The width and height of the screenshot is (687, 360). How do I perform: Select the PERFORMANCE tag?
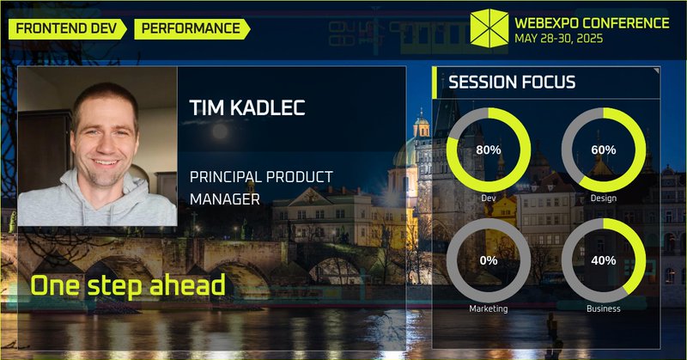point(191,28)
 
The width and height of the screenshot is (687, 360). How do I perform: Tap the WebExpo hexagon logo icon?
point(489,29)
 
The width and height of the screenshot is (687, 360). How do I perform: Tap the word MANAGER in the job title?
point(226,199)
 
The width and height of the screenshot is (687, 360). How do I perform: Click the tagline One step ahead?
point(127,285)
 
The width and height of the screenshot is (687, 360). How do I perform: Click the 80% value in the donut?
point(488,150)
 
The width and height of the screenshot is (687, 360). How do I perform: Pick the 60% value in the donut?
point(603,150)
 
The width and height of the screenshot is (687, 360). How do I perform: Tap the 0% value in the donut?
point(488,259)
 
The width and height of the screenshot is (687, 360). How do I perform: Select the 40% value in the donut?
point(603,259)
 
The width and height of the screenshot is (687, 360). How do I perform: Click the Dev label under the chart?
point(488,198)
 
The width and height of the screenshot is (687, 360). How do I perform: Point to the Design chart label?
point(603,198)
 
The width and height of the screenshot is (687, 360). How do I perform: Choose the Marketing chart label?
point(488,308)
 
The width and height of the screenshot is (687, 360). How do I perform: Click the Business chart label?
point(603,308)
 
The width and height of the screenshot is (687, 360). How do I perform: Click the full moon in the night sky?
point(220,131)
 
